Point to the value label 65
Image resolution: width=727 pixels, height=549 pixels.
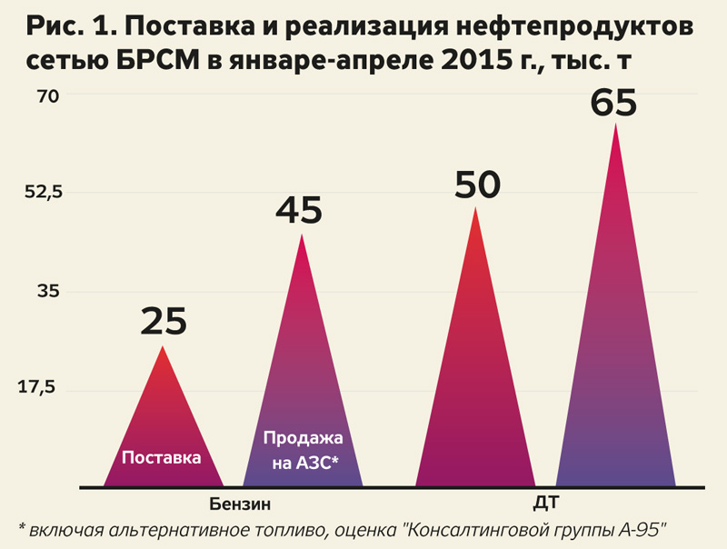point(614,101)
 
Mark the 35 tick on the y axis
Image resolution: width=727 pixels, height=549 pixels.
point(47,291)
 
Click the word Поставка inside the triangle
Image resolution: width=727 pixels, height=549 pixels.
point(162,457)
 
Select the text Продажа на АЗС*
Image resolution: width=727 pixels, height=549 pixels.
point(302,451)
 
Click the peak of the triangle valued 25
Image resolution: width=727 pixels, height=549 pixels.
point(164,346)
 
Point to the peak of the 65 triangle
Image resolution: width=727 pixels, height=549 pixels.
point(616,124)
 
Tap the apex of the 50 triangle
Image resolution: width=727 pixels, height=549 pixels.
point(475,207)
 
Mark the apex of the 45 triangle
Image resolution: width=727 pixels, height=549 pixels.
point(302,235)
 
